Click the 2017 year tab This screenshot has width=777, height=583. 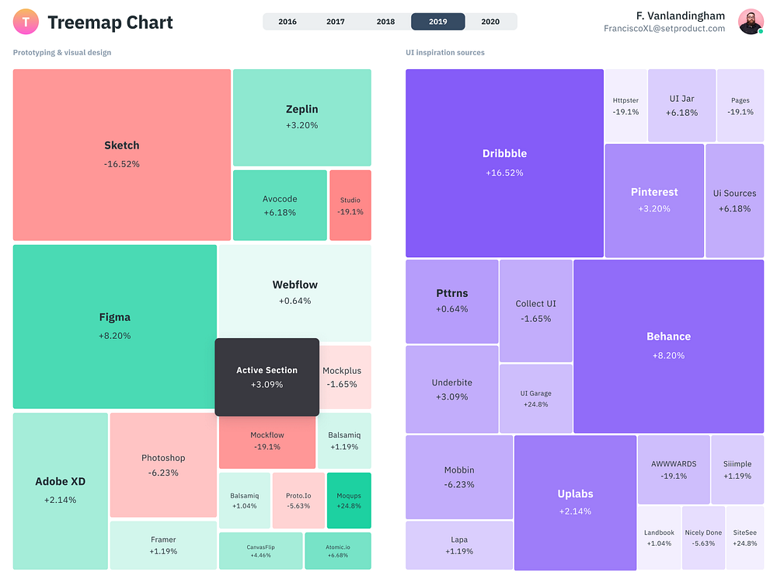tap(336, 22)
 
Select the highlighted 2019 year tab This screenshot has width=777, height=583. tap(437, 22)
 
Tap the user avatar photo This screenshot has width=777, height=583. tap(751, 22)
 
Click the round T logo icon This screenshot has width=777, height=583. tap(26, 22)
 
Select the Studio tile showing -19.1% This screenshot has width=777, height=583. tap(350, 205)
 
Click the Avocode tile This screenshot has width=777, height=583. tap(280, 205)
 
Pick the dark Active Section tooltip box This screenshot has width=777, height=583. tap(267, 376)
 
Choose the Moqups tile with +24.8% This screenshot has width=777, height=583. tap(349, 500)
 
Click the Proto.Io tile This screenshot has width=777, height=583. tap(298, 500)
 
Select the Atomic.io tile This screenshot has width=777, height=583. tap(338, 551)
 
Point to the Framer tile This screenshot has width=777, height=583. tap(163, 545)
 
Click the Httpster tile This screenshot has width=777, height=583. tap(625, 106)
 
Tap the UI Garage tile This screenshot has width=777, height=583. tap(535, 398)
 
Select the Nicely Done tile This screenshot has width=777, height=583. tap(703, 537)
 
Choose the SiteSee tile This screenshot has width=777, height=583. tap(745, 537)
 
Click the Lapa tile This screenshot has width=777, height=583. tap(458, 545)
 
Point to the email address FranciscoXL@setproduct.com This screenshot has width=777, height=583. tap(664, 29)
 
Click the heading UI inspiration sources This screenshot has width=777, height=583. tap(444, 53)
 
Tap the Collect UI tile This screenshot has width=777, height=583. tap(535, 311)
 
